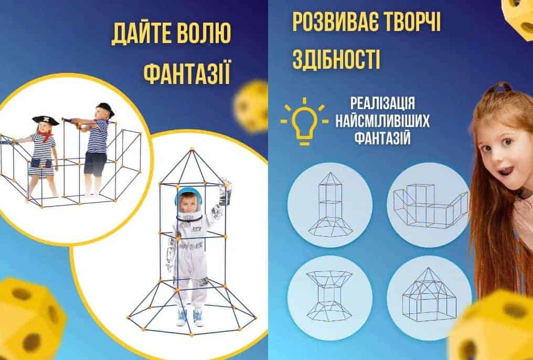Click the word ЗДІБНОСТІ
pos(336,59)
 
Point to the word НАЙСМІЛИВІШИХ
pos(382,121)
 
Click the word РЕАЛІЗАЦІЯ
pos(382,103)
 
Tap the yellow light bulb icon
pos(304,121)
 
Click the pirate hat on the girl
pos(46,120)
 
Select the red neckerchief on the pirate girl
pos(46,136)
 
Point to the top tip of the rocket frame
pos(192,149)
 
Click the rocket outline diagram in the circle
pos(330,205)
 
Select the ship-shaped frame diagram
pos(431,206)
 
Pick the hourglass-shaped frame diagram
pos(330,296)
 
